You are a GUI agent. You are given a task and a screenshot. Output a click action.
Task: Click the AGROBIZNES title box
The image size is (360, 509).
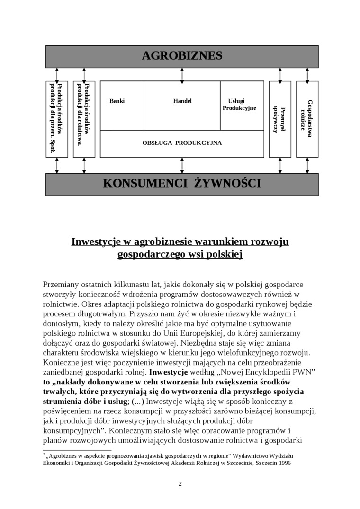point(182,56)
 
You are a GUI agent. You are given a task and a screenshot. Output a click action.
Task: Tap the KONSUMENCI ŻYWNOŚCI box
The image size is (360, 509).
point(182,183)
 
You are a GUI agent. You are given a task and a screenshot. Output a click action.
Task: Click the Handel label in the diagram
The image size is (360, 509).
point(182,101)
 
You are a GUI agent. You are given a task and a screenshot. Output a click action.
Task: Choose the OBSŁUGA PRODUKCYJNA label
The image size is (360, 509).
point(182,143)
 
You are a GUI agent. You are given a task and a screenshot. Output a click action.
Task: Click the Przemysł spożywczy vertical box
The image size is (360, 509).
point(280,119)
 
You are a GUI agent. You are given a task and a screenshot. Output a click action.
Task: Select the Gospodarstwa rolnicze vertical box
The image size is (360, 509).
point(307,119)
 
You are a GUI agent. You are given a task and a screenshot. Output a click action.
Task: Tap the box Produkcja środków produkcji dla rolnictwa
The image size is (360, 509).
point(84,119)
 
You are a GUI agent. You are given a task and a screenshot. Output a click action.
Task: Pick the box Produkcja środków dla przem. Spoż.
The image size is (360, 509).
point(57,119)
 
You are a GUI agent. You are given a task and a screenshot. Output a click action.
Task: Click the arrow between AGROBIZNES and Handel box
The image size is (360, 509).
point(182,74)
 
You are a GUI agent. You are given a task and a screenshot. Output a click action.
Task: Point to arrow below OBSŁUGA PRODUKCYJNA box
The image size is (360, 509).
point(182,165)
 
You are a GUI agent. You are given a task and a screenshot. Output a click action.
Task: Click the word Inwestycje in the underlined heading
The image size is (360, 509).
point(94,242)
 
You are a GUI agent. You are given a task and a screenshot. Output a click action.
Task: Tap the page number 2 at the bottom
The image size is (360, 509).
point(180,483)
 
